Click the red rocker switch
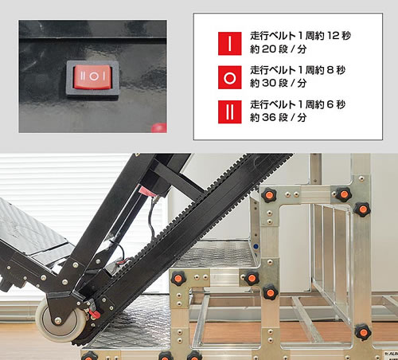click(x=92, y=77)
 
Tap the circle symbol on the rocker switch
click(x=93, y=76)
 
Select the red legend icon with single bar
click(x=230, y=44)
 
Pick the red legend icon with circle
click(x=230, y=77)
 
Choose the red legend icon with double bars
click(x=230, y=112)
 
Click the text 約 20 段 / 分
click(x=279, y=49)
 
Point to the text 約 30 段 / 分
click(x=279, y=84)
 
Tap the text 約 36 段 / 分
click(x=279, y=117)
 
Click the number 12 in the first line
click(x=333, y=36)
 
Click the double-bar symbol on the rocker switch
click(x=83, y=76)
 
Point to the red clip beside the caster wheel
click(x=94, y=312)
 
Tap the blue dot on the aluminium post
click(x=256, y=247)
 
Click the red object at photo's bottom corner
click(x=159, y=127)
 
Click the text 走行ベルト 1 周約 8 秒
click(x=298, y=70)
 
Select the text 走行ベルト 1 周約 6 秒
click(x=298, y=104)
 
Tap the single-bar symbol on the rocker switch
click(x=103, y=76)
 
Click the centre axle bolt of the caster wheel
click(x=57, y=321)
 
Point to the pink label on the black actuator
click(x=146, y=190)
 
